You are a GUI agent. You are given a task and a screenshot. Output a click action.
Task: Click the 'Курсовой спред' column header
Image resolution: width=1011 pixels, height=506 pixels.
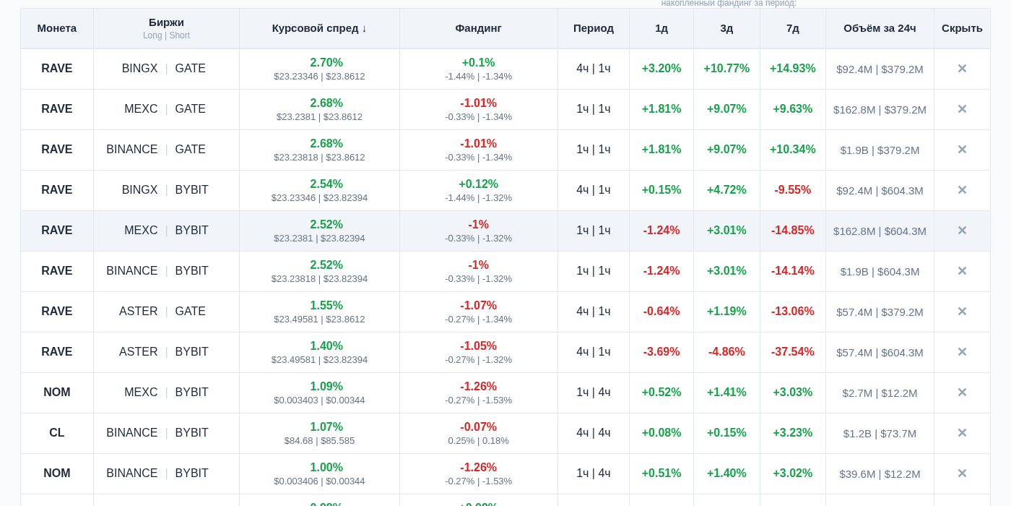(319, 28)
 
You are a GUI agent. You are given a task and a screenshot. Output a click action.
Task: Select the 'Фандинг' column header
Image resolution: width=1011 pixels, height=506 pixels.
(478, 28)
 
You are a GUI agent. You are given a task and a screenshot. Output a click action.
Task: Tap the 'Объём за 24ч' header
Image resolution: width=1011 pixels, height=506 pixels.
(880, 28)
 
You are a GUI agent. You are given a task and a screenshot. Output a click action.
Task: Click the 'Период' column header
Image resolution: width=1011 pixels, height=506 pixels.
(594, 28)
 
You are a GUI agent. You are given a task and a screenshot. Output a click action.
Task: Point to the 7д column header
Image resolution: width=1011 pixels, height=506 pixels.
(792, 28)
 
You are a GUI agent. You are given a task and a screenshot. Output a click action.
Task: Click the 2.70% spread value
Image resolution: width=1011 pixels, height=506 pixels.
(326, 63)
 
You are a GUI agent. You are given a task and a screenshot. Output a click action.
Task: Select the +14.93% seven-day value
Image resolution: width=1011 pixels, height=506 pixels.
(792, 69)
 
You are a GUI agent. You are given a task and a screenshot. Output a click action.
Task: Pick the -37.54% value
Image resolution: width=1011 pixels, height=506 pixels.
(792, 352)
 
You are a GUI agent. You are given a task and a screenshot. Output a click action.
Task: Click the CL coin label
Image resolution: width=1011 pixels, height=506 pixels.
(57, 433)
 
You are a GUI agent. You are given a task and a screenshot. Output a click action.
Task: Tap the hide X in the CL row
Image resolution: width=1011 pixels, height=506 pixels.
(962, 433)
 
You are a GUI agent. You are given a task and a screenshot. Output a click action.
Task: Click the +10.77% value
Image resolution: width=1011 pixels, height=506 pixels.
(726, 69)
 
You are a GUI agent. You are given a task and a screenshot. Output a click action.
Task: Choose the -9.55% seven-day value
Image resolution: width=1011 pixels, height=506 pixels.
(792, 190)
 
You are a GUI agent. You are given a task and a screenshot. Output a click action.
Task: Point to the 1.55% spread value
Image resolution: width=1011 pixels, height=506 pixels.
(326, 306)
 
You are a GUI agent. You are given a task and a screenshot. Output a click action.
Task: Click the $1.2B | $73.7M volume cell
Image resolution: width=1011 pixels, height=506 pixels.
(880, 433)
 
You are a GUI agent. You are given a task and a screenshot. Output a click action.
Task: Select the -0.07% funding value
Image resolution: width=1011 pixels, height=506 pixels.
(478, 427)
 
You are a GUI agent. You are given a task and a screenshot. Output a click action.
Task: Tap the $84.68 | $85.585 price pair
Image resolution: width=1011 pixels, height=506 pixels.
(319, 441)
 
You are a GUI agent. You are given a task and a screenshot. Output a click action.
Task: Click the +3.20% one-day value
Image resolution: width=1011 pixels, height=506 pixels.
(661, 69)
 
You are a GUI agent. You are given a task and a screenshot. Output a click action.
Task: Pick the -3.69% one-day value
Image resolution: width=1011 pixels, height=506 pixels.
(661, 352)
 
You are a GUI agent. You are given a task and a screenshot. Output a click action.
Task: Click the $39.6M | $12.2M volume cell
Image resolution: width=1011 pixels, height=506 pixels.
(880, 473)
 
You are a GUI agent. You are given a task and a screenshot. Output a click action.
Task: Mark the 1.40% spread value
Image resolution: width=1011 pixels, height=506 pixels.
(326, 346)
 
